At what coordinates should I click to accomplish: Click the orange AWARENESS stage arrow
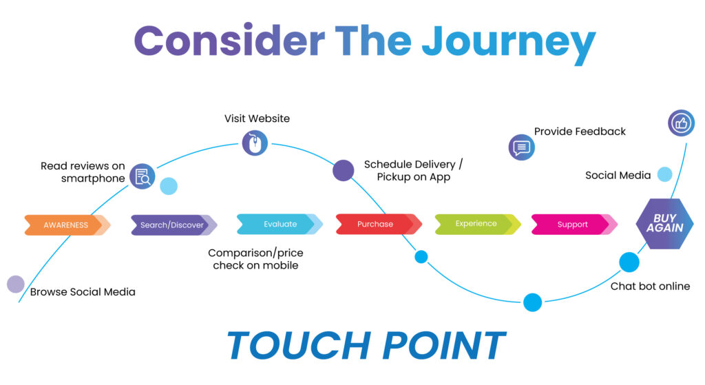pos(66,225)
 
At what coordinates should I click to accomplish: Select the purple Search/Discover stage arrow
pos(172,225)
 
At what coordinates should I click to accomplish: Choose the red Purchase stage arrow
pos(376,224)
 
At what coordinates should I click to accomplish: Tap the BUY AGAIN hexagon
pos(664,223)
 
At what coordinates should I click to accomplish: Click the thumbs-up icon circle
pos(682,123)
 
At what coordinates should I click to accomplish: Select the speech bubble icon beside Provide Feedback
pos(521,147)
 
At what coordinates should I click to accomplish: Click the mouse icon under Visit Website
pos(255,143)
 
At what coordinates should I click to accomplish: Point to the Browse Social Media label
pos(83,292)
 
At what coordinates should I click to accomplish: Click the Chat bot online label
pos(650,286)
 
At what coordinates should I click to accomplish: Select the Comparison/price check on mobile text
pos(255,259)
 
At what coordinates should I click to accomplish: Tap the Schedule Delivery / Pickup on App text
pos(414,171)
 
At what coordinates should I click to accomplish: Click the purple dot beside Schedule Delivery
pos(344,170)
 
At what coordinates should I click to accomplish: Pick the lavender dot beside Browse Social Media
pos(15,284)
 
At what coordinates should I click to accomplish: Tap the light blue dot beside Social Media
pos(664,174)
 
